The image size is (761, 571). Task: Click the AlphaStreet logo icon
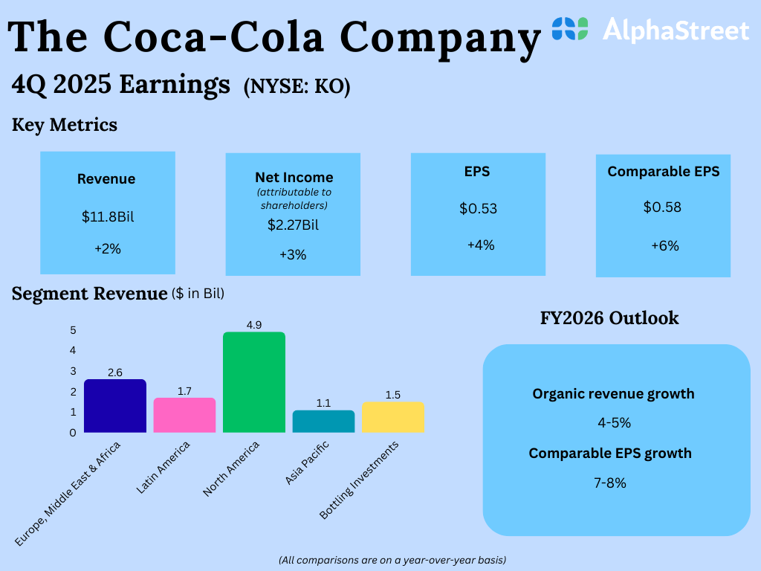[x=570, y=29]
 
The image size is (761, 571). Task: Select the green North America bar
[x=253, y=382]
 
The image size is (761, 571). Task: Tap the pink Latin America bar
[x=184, y=415]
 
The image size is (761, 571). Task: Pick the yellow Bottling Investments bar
[x=393, y=417]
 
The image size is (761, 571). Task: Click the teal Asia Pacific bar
[x=323, y=421]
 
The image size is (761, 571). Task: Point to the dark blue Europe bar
[x=114, y=406]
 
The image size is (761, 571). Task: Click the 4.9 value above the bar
[x=253, y=325]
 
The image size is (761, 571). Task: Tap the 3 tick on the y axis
[x=73, y=371]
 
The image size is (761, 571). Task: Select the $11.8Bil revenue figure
[x=108, y=217]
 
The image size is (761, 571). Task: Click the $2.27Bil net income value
[x=293, y=224]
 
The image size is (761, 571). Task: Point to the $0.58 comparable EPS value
[x=662, y=207]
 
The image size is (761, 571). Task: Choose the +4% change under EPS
[x=481, y=245]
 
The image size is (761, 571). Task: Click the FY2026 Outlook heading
[x=609, y=318]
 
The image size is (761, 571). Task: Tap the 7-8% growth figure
[x=609, y=483]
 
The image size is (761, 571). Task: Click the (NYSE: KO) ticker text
[x=297, y=87]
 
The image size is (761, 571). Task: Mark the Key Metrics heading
[x=65, y=125]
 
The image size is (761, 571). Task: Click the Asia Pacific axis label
[x=308, y=462]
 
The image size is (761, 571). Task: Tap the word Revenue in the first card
[x=106, y=179]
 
